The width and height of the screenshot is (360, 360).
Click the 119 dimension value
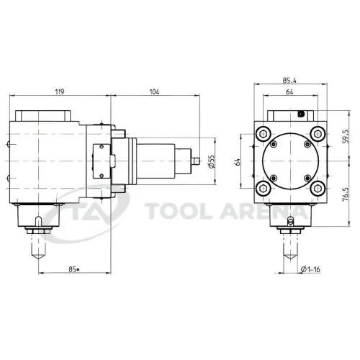click(60, 91)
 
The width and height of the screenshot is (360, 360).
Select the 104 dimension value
click(154, 91)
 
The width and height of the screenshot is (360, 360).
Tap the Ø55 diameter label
click(212, 161)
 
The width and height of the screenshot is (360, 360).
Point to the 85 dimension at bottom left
click(74, 269)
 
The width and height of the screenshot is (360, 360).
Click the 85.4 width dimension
click(289, 81)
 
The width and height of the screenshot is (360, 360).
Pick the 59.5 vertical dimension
click(346, 137)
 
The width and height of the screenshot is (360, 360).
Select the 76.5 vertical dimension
click(346, 194)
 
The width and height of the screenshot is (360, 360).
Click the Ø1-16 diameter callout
click(310, 269)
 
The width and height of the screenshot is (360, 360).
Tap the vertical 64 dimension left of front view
click(238, 162)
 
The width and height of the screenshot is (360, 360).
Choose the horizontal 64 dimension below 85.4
click(289, 91)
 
